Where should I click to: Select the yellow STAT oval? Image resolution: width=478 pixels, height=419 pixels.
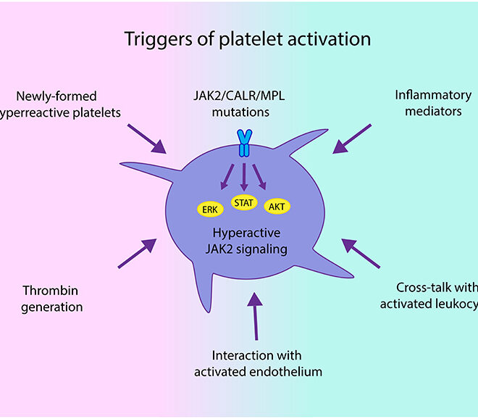pos(243,202)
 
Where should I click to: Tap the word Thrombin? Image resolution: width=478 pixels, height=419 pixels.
pos(49,291)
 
